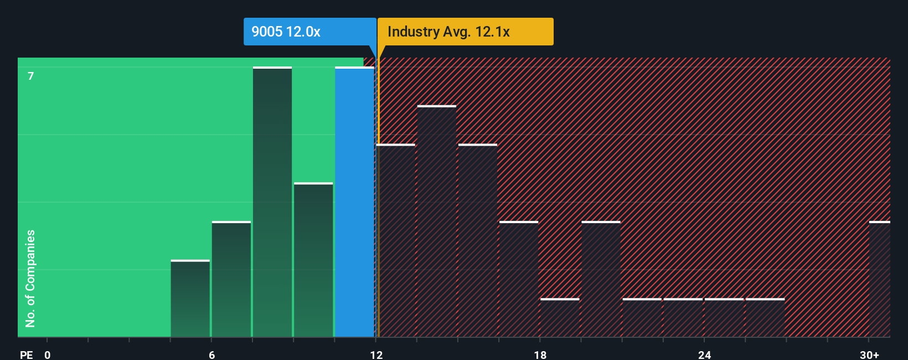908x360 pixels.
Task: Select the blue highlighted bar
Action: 354,202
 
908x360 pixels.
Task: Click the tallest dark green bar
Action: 272,202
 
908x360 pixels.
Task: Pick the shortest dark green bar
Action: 190,299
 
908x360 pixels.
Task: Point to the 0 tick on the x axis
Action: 48,354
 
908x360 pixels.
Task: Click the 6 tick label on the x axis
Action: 212,354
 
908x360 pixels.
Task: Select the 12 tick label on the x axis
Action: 376,354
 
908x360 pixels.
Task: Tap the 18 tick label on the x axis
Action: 540,354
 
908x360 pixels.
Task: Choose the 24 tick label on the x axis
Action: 704,354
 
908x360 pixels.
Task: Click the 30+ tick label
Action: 869,354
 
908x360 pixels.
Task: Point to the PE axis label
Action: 26,354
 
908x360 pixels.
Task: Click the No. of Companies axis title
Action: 30,278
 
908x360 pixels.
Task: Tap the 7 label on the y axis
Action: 31,76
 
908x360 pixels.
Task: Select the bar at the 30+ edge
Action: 879,279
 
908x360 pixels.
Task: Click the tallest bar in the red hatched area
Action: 437,222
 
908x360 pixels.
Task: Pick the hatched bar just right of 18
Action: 560,318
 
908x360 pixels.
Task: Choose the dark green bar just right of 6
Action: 231,279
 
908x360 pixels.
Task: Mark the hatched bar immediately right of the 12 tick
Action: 396,241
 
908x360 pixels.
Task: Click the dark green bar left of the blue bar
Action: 313,260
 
